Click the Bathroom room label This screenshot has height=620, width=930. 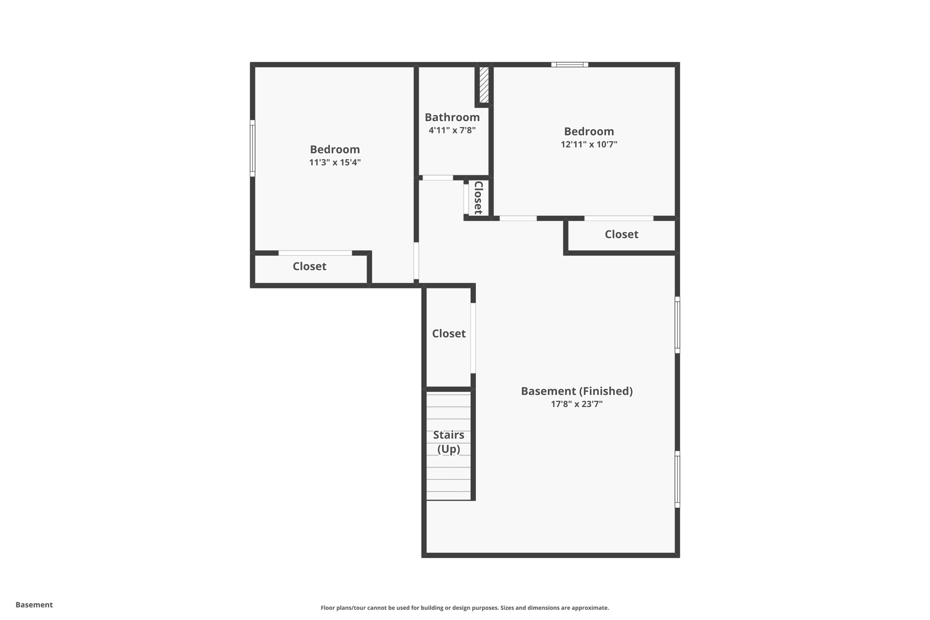pyautogui.click(x=452, y=117)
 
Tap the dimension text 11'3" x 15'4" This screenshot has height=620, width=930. pyautogui.click(x=335, y=163)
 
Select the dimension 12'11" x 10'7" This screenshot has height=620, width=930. pyautogui.click(x=589, y=144)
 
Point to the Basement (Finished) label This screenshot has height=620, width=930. pyautogui.click(x=577, y=391)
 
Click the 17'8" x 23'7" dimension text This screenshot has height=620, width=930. pyautogui.click(x=577, y=404)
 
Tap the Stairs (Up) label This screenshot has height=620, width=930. pyautogui.click(x=449, y=442)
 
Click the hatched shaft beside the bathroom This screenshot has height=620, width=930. pyautogui.click(x=484, y=85)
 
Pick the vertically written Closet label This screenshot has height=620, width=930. pyautogui.click(x=478, y=198)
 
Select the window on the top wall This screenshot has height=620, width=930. pyautogui.click(x=570, y=64)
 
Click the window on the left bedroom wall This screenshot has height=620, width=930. pyautogui.click(x=252, y=148)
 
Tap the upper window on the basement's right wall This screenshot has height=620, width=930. pyautogui.click(x=677, y=325)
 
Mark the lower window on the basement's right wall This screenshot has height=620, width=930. pyautogui.click(x=677, y=479)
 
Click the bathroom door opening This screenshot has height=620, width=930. pyautogui.click(x=438, y=178)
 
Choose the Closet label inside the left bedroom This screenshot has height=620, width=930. pyautogui.click(x=309, y=266)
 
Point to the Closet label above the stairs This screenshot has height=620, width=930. pyautogui.click(x=449, y=334)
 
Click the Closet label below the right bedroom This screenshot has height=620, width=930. pyautogui.click(x=621, y=234)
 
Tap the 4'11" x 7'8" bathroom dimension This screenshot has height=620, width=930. pyautogui.click(x=452, y=130)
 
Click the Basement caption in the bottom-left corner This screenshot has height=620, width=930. pyautogui.click(x=34, y=605)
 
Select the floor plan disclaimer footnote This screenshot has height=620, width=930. pyautogui.click(x=465, y=608)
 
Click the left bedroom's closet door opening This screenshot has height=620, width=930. pyautogui.click(x=315, y=253)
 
